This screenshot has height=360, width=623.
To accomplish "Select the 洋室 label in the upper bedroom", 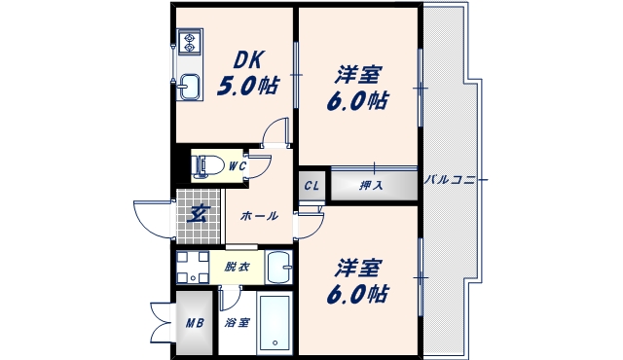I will pyautogui.click(x=359, y=74).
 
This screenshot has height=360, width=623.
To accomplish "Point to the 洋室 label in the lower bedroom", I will pyautogui.click(x=359, y=267).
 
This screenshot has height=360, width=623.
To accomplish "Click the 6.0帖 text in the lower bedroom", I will pyautogui.click(x=359, y=293).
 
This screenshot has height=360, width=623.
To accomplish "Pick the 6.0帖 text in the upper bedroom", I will pyautogui.click(x=359, y=100).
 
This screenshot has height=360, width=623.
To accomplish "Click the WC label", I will pyautogui.click(x=237, y=166).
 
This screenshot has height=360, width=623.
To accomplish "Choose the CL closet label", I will pyautogui.click(x=311, y=185).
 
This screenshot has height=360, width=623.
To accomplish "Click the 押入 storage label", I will pyautogui.click(x=371, y=184).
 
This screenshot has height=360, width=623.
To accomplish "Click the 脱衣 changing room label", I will pyautogui.click(x=238, y=266).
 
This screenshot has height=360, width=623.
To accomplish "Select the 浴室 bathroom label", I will pyautogui.click(x=237, y=322).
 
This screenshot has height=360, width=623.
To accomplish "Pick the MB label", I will pyautogui.click(x=194, y=322).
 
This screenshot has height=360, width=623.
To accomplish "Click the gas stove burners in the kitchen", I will pyautogui.click(x=188, y=43).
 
